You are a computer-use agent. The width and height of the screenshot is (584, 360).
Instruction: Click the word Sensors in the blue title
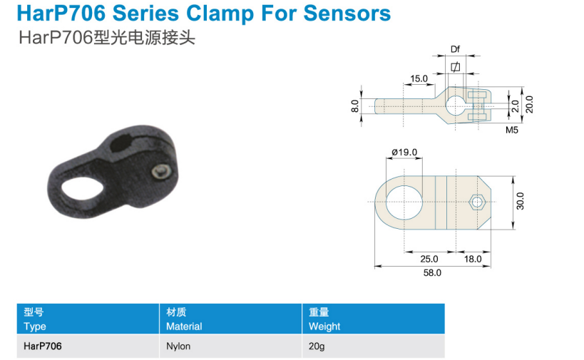point(347,14)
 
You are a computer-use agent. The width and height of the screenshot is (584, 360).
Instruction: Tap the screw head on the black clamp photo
point(162,172)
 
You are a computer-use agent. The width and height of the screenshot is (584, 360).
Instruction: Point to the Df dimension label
point(455,49)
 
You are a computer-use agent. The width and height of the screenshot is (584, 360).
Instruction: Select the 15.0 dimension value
point(419,78)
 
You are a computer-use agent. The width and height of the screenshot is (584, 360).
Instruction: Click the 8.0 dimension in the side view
point(355,106)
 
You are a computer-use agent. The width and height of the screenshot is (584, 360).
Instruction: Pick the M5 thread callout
point(512,130)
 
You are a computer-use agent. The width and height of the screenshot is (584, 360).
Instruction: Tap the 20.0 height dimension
point(529,105)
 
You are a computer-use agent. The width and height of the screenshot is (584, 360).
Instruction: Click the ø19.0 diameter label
point(404,152)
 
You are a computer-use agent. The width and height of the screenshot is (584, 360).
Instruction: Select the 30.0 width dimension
point(520,201)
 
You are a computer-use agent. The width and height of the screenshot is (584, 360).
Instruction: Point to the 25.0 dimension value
point(429,259)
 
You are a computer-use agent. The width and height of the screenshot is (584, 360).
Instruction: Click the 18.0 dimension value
point(473,259)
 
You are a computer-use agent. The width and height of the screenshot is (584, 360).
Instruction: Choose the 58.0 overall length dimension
point(432,272)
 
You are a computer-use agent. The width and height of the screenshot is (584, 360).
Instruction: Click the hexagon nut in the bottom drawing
point(477,202)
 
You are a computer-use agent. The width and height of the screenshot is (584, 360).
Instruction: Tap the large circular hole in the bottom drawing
point(404,202)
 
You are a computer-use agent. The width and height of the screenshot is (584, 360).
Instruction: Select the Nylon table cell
point(178,346)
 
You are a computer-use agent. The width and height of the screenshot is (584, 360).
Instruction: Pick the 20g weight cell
point(317,346)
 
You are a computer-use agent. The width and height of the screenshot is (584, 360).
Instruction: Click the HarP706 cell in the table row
point(43,346)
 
